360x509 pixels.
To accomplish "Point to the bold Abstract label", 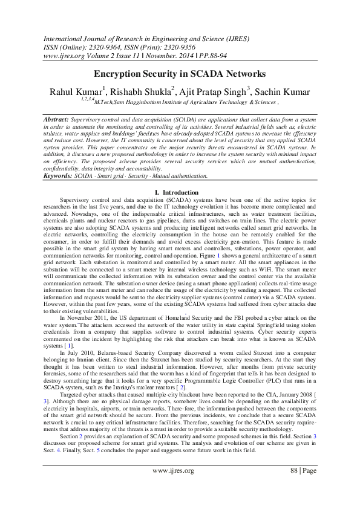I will (56, 120).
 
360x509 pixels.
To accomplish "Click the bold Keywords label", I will (59, 176).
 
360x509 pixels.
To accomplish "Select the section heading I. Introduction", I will (180, 192).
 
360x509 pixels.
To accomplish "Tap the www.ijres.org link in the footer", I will (172, 470).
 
